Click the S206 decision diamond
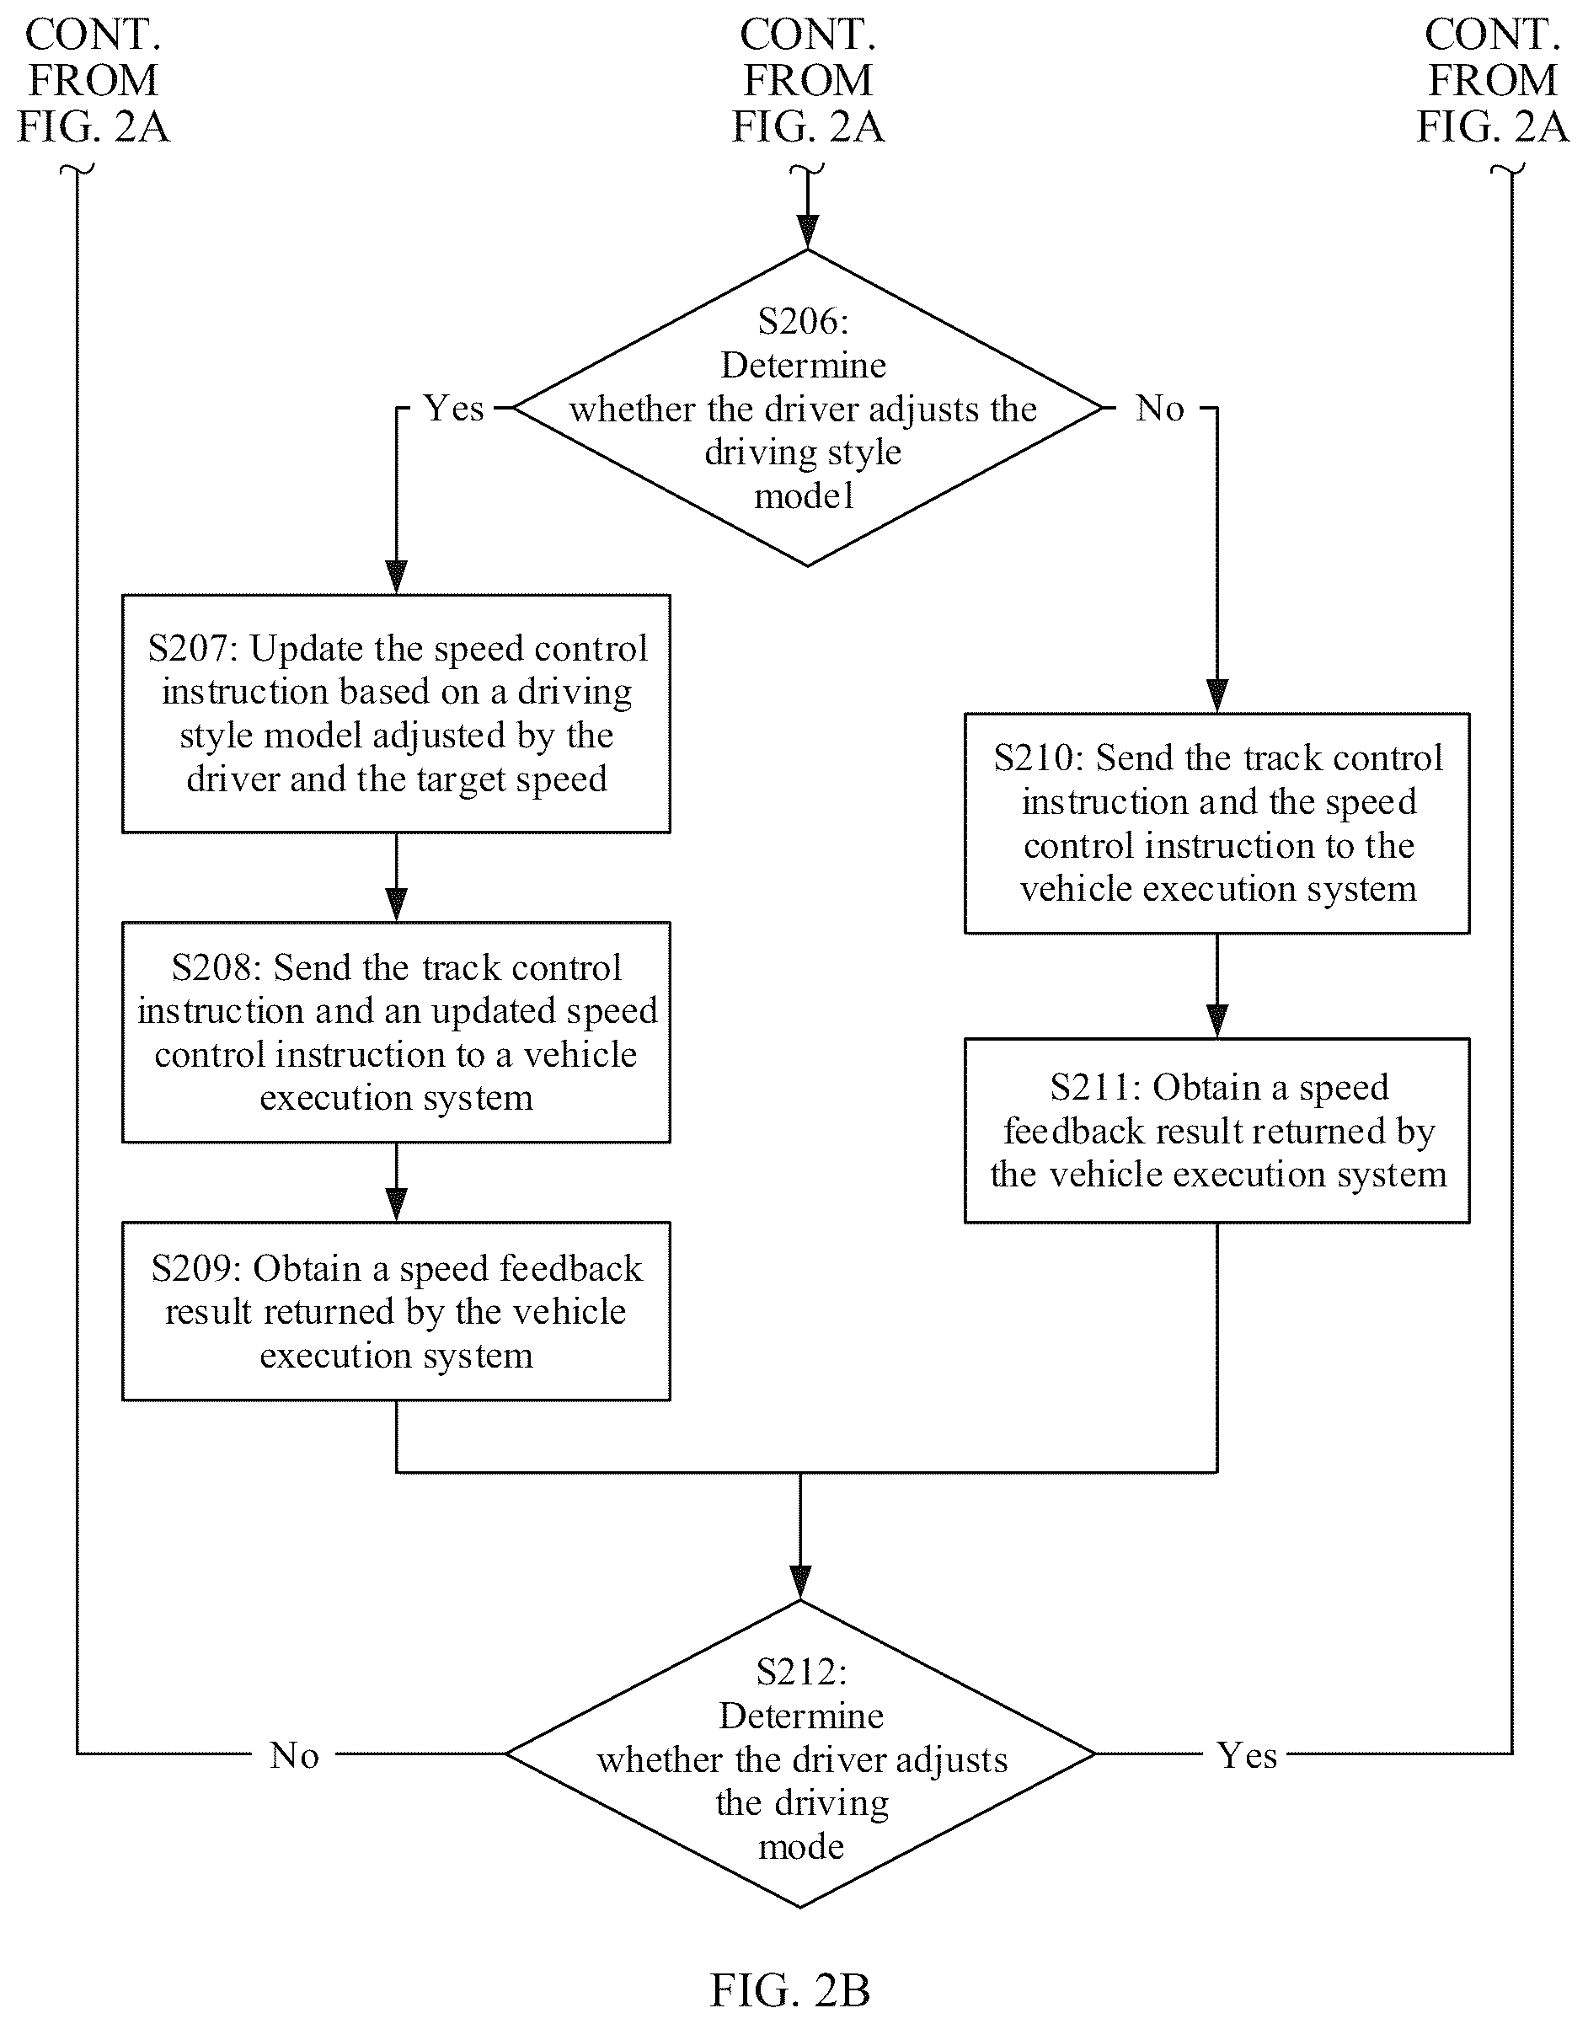point(807,407)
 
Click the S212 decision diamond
point(800,1754)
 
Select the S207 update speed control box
point(396,713)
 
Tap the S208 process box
point(396,1032)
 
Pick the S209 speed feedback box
point(396,1311)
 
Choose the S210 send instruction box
point(1217,822)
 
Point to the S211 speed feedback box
point(1217,1130)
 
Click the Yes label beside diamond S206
point(454,408)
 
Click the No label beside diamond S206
point(1159,408)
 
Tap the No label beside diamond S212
point(294,1755)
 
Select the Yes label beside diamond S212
point(1247,1755)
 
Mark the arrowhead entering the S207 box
point(397,577)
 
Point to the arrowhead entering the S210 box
point(1217,696)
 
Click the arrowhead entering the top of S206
point(808,232)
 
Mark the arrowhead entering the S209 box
point(397,1205)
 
